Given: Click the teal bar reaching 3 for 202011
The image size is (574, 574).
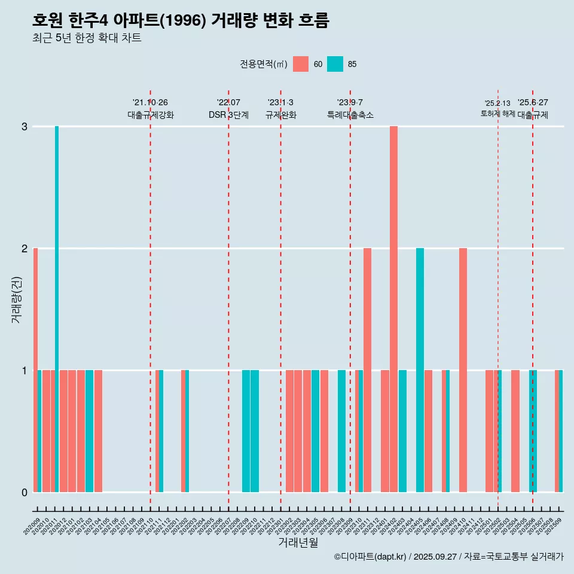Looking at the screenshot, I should pos(57,309).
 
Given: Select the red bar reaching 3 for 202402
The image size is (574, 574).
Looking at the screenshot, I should pos(393,309).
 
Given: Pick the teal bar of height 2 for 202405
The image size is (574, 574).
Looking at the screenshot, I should pos(420,370).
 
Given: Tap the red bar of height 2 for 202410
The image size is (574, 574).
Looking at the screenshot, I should pos(463,370).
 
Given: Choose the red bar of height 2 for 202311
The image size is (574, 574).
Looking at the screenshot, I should pos(367,370).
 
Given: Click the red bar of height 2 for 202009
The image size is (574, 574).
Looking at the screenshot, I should pos(35,370).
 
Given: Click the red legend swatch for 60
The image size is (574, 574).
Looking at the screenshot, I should pos(301,64).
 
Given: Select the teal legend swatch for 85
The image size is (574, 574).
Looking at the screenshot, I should pos(335,64).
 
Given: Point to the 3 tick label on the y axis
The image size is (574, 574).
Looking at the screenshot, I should pos(25,127).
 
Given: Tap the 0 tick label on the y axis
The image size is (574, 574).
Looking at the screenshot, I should pos(25,493).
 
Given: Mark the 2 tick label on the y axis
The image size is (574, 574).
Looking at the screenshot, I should pos(25,249).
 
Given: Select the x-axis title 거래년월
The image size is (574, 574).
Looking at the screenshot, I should pos(298,542).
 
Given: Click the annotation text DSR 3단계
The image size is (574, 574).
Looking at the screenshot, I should pos(228,115).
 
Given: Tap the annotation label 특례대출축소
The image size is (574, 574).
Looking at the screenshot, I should pos(350,115).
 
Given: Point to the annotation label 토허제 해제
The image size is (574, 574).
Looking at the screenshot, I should pos(497,113).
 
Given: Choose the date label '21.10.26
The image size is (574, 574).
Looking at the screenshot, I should pos(150,103).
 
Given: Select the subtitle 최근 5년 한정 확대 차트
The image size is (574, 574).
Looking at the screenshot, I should pos(87,38).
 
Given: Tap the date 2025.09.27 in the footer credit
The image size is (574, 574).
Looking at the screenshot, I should pos(435,557).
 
